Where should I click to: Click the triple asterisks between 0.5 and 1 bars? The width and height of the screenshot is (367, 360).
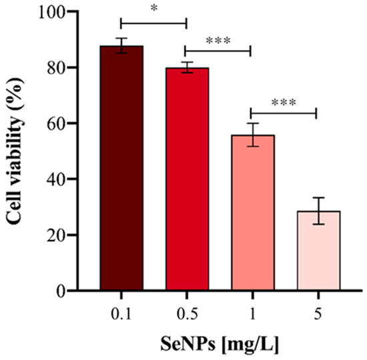click(x=218, y=39)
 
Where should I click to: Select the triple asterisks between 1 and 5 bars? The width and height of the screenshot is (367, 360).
click(x=284, y=103)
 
